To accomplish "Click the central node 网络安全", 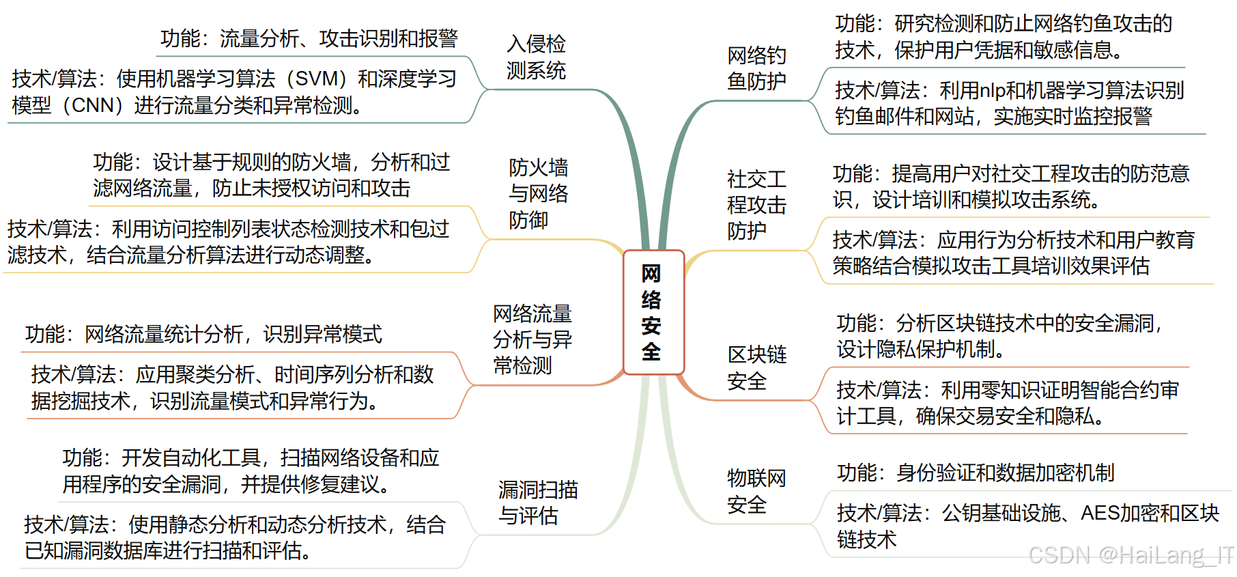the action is tap(653, 312).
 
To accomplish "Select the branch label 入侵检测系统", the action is tap(536, 57).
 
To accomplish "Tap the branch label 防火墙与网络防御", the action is tap(538, 194).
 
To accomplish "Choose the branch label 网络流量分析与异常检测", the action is tap(532, 339).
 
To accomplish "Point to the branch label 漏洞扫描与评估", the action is tap(537, 503).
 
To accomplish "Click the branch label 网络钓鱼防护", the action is tap(756, 68).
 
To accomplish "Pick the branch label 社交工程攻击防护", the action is tap(756, 206).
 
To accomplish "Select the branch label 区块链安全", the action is tap(756, 368).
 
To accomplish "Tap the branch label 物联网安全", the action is tap(756, 492).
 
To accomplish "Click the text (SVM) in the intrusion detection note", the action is tap(313, 79).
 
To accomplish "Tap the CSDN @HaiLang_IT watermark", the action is tap(1131, 555).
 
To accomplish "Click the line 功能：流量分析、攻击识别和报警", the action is tap(309, 39).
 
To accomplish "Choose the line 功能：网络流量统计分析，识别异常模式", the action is tap(203, 335).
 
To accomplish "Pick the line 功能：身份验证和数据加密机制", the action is tap(976, 473).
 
